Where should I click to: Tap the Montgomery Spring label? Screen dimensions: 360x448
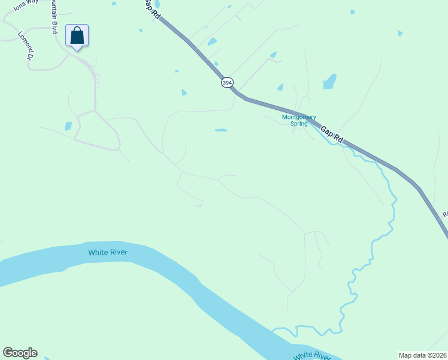[299, 121]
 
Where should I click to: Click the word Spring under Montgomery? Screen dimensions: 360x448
[299, 124]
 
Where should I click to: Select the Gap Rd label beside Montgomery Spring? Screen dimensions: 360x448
[331, 134]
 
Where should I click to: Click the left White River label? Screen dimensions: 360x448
[108, 253]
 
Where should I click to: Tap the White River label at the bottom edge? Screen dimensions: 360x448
[312, 356]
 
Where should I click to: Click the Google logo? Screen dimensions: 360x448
[20, 353]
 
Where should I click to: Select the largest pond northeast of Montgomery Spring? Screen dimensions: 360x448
[329, 82]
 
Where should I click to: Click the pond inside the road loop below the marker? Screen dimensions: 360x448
[68, 126]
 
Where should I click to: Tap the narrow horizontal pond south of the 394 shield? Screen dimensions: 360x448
[221, 130]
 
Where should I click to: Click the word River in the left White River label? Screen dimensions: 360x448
[118, 253]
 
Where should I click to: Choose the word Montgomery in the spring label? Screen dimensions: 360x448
[299, 117]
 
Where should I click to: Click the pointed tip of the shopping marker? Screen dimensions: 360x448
[77, 50]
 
